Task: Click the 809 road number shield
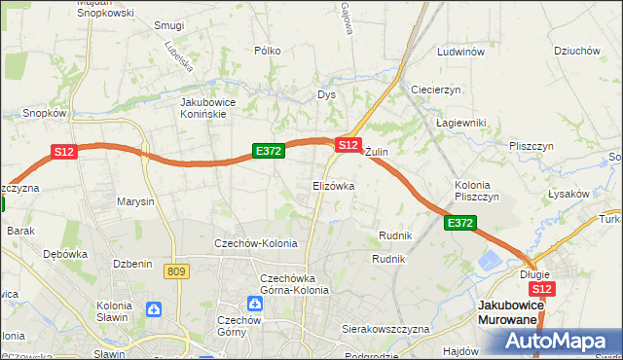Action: [176, 272]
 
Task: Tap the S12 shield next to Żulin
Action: [348, 144]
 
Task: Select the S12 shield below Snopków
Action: [63, 151]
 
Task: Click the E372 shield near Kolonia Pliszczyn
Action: [460, 224]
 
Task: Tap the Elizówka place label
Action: [333, 185]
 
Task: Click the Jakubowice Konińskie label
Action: [216, 107]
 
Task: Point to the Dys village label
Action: [326, 94]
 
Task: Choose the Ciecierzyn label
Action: [435, 89]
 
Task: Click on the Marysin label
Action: [135, 202]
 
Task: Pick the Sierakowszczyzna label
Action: [385, 329]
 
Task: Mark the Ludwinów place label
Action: [460, 52]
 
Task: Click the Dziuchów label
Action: [575, 51]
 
